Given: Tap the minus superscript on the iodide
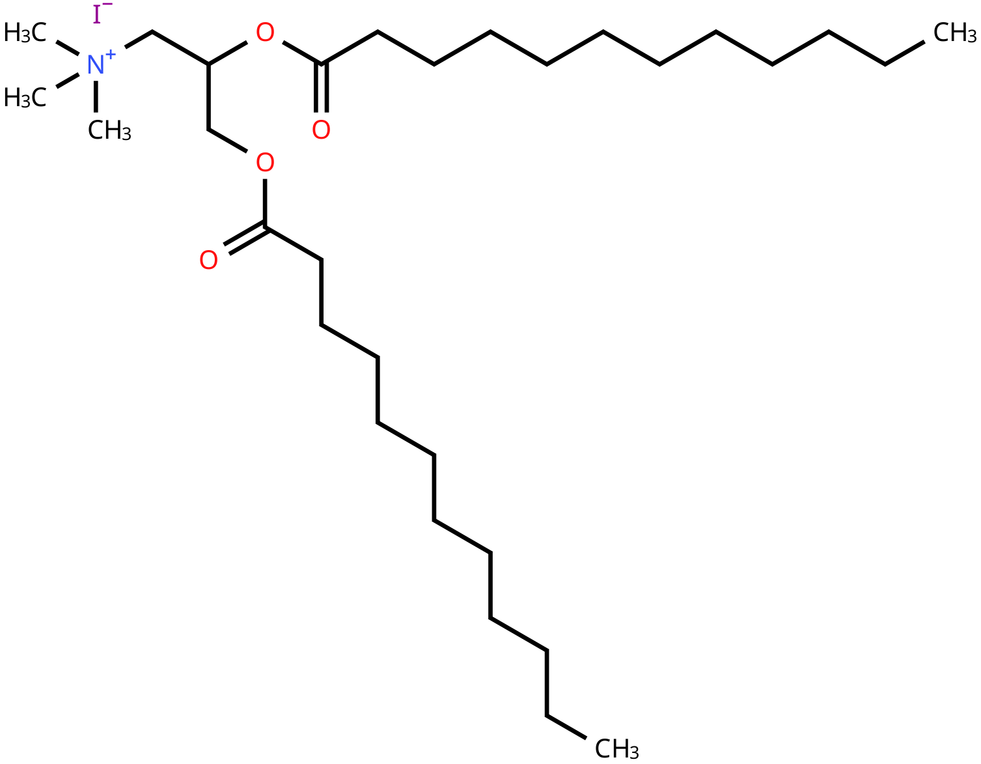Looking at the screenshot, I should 108,5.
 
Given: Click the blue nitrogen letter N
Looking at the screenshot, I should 95,65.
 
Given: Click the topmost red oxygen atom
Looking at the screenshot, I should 265,33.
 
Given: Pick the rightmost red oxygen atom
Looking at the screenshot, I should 321,130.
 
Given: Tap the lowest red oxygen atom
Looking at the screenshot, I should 208,261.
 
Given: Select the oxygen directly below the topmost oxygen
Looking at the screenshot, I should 265,162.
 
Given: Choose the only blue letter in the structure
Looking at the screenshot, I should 95,65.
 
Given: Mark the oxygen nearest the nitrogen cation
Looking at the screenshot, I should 265,33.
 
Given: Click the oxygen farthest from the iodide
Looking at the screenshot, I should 208,261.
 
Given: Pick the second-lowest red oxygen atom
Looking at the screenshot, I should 265,162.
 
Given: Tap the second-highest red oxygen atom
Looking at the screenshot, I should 321,130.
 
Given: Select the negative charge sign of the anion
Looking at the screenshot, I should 108,5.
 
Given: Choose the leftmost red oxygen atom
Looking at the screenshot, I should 208,261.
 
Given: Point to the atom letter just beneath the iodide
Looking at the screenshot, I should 95,65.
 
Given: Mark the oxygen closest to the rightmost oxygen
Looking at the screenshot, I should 265,162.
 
